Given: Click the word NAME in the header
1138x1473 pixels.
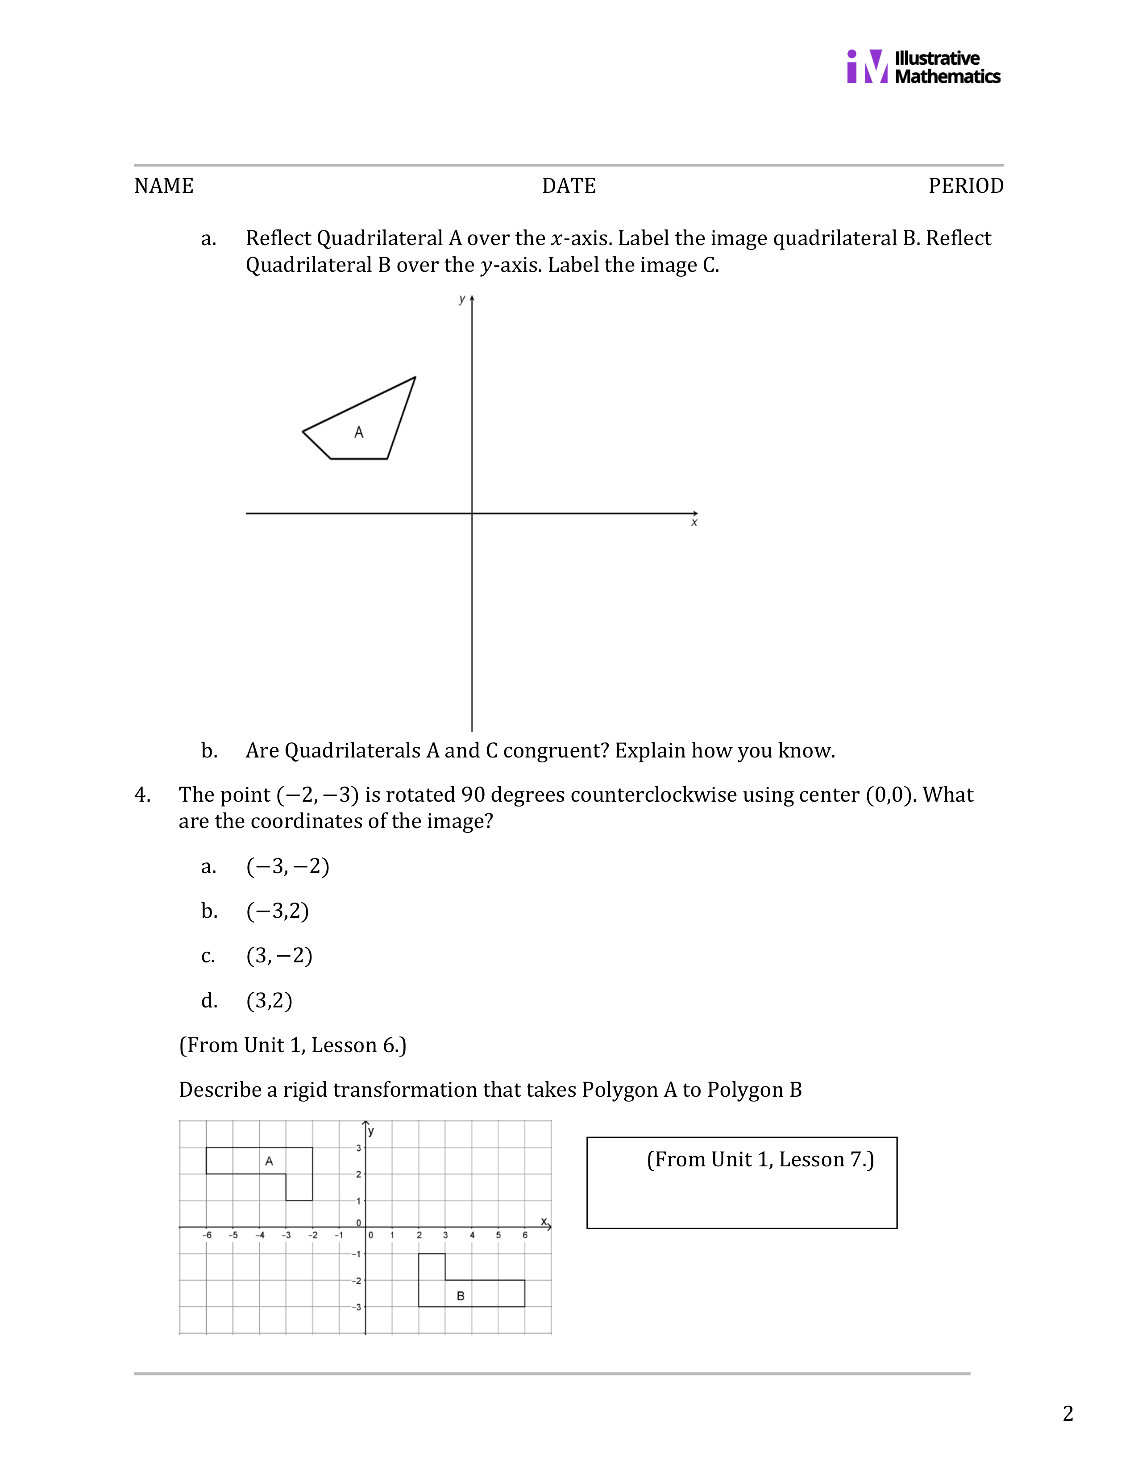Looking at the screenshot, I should click(164, 186).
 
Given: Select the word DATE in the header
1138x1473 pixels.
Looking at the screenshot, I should click(569, 186).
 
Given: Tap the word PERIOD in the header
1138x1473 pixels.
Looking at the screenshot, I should click(965, 186).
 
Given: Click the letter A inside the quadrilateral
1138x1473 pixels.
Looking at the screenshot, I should click(359, 433).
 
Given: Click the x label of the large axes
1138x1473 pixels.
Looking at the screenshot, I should click(694, 523).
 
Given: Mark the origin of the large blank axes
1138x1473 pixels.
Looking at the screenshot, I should click(472, 513).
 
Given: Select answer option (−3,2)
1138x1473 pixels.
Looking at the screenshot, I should click(278, 911).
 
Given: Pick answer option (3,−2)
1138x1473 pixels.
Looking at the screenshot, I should click(279, 956).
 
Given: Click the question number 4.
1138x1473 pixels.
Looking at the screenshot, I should click(142, 795).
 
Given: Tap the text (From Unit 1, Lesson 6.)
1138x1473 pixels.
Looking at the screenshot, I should click(293, 1045).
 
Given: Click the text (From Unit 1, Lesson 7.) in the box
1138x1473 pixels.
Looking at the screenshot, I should click(760, 1159).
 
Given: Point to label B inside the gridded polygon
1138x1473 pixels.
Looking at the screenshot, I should click(461, 1296).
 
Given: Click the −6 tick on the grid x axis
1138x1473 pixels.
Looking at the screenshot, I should click(207, 1235).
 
